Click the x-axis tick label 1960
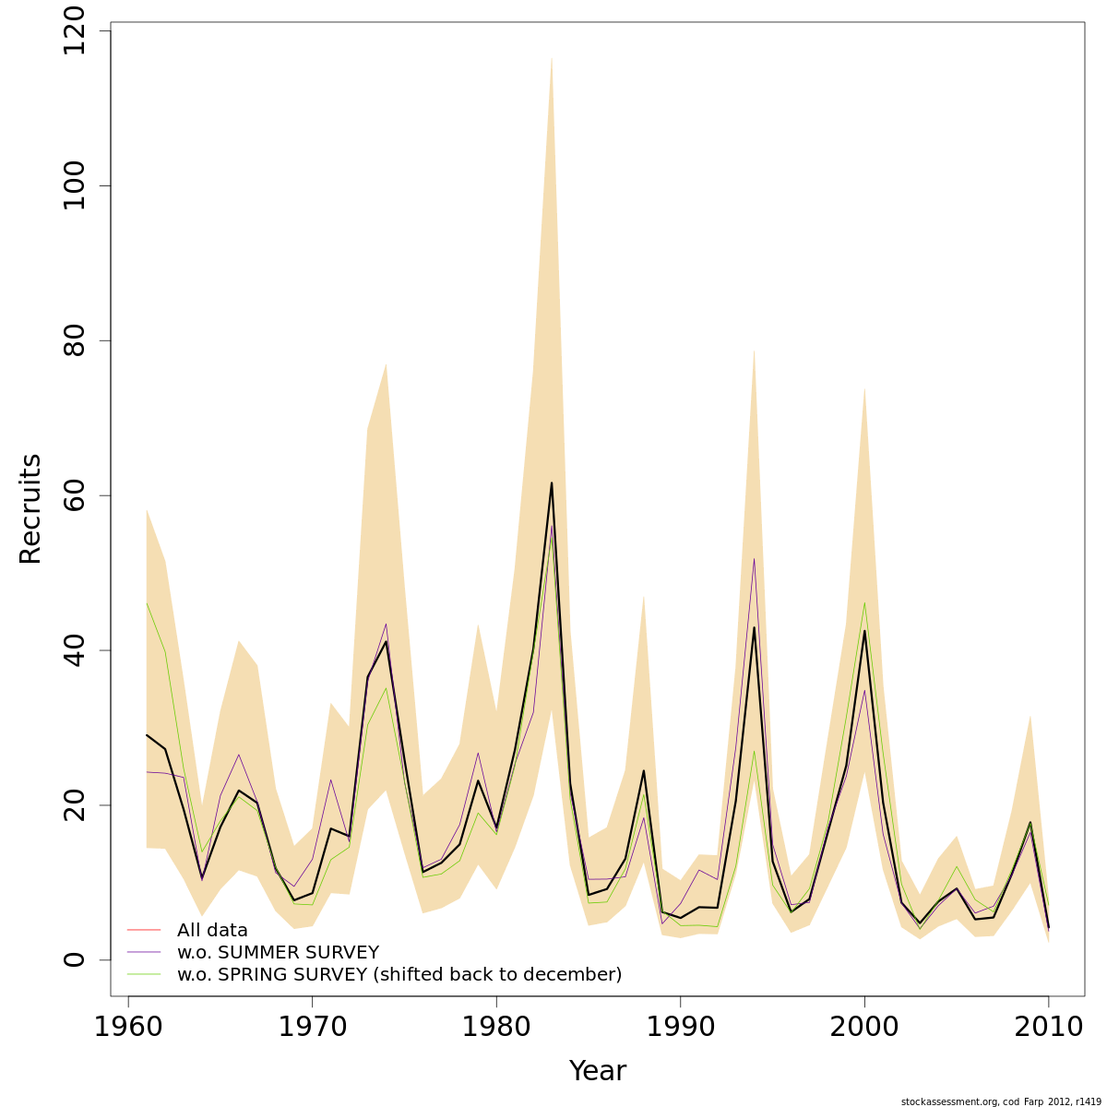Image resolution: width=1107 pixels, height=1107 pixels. [128, 1027]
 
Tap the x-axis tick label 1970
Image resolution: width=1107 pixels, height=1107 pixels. [312, 1027]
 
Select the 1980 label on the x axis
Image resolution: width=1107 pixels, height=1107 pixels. [496, 1027]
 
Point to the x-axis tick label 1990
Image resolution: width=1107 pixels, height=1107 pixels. [680, 1027]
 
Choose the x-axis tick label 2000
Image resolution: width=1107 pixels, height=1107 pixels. [864, 1027]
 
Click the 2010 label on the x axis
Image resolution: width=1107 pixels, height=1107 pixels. [1048, 1027]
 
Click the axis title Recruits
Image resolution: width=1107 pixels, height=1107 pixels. [30, 508]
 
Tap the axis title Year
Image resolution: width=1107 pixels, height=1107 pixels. [597, 1071]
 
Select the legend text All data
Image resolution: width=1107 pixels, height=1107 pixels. [212, 931]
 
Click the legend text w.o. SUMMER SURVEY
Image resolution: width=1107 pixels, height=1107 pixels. [278, 953]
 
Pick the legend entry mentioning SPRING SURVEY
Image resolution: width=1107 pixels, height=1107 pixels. [399, 975]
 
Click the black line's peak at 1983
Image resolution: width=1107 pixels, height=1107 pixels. [552, 482]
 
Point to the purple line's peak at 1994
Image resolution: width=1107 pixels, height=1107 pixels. [754, 559]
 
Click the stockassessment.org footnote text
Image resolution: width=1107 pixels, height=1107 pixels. [1001, 1101]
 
